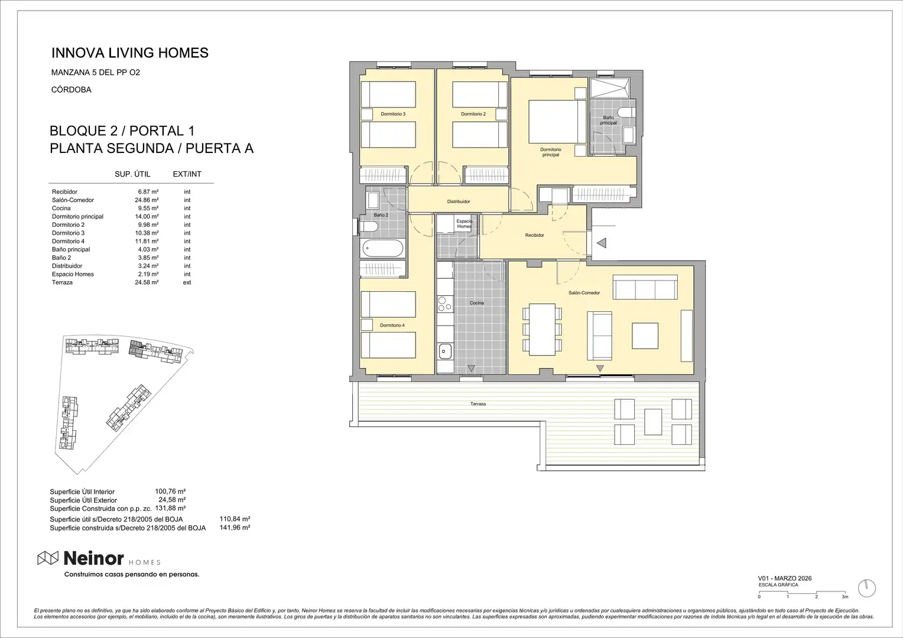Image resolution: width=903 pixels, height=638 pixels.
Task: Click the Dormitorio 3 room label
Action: pos(393,114)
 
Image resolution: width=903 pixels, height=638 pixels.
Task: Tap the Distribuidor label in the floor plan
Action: pos(459,201)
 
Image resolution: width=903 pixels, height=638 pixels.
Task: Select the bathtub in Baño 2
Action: pos(383,248)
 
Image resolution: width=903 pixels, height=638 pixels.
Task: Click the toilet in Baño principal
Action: pos(627,111)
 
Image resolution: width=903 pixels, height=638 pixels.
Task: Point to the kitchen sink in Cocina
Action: pos(446,351)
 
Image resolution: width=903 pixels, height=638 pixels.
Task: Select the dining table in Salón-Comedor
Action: pos(542,329)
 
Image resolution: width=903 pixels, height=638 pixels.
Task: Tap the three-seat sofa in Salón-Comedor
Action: pos(645,287)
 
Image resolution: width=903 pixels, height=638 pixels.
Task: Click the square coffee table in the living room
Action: pos(645,336)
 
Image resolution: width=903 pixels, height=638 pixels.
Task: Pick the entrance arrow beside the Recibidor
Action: pos(602,243)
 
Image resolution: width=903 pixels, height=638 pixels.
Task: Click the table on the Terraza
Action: pos(653,422)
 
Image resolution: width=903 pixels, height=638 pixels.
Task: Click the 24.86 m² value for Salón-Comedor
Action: pos(147,200)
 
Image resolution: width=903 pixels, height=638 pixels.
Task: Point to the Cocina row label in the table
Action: pos(61,209)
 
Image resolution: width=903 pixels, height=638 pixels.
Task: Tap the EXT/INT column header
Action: pos(187,174)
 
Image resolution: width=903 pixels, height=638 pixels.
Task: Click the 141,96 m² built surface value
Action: pos(235,528)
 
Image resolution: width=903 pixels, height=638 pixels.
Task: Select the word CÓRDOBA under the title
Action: pos(72,90)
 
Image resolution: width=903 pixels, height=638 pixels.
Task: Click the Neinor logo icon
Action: pos(48,558)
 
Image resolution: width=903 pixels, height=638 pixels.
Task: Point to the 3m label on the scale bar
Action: pos(845,597)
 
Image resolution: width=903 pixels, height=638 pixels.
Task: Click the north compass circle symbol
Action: pos(867,588)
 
